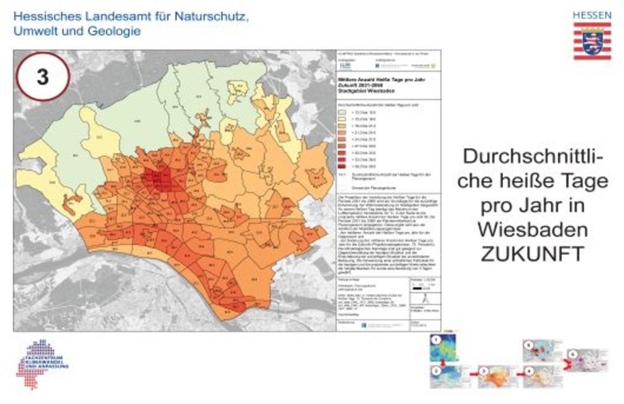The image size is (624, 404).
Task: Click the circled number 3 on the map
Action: (x=42, y=77)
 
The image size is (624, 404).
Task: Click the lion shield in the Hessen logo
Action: (x=591, y=40)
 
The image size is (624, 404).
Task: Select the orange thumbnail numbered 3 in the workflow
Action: (x=493, y=376)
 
